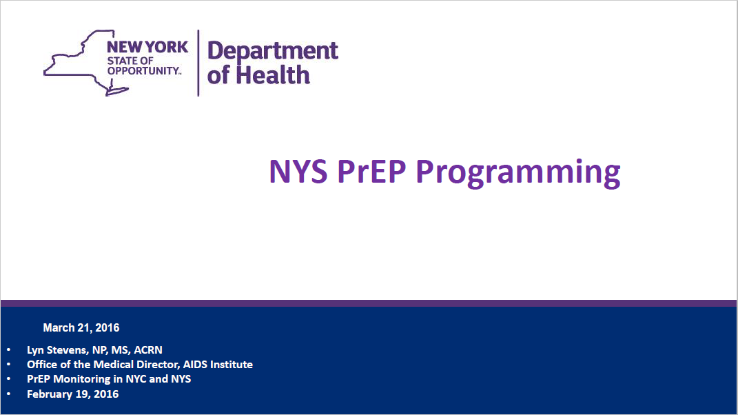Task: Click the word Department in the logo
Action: (x=273, y=51)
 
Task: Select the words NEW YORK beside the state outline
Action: (x=147, y=47)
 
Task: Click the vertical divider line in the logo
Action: (x=198, y=63)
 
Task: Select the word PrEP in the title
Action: (x=371, y=172)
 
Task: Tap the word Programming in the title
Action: (x=517, y=173)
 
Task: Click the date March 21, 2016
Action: (x=81, y=327)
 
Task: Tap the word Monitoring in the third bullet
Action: (x=83, y=379)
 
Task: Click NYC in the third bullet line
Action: (x=136, y=379)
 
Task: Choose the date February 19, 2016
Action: (x=72, y=394)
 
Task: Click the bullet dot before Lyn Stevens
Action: (x=8, y=350)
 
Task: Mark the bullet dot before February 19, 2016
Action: (x=8, y=394)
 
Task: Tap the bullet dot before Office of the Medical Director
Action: (x=8, y=365)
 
